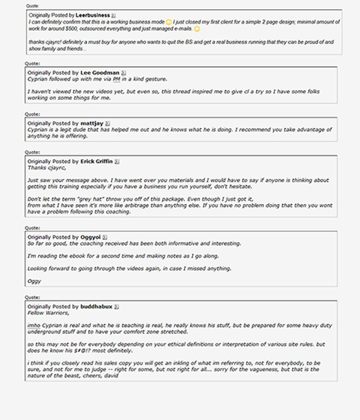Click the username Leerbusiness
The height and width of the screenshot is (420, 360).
[92, 15]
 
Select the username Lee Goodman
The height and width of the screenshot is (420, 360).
[100, 73]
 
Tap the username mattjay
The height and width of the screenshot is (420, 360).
[92, 124]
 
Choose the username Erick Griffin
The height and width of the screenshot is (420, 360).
[96, 162]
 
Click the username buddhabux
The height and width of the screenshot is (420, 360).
[96, 307]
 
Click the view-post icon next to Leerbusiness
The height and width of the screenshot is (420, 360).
[114, 15]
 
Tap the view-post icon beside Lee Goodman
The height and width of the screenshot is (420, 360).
[123, 73]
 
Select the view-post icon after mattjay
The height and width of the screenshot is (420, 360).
[107, 124]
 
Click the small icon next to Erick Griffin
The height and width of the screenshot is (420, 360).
[117, 162]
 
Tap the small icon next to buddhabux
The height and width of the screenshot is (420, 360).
[117, 307]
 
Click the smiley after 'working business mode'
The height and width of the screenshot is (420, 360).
[169, 22]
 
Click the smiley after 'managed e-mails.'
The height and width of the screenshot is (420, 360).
[197, 29]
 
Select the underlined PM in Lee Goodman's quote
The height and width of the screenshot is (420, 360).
[116, 79]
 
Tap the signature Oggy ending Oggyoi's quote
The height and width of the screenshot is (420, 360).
[34, 281]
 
